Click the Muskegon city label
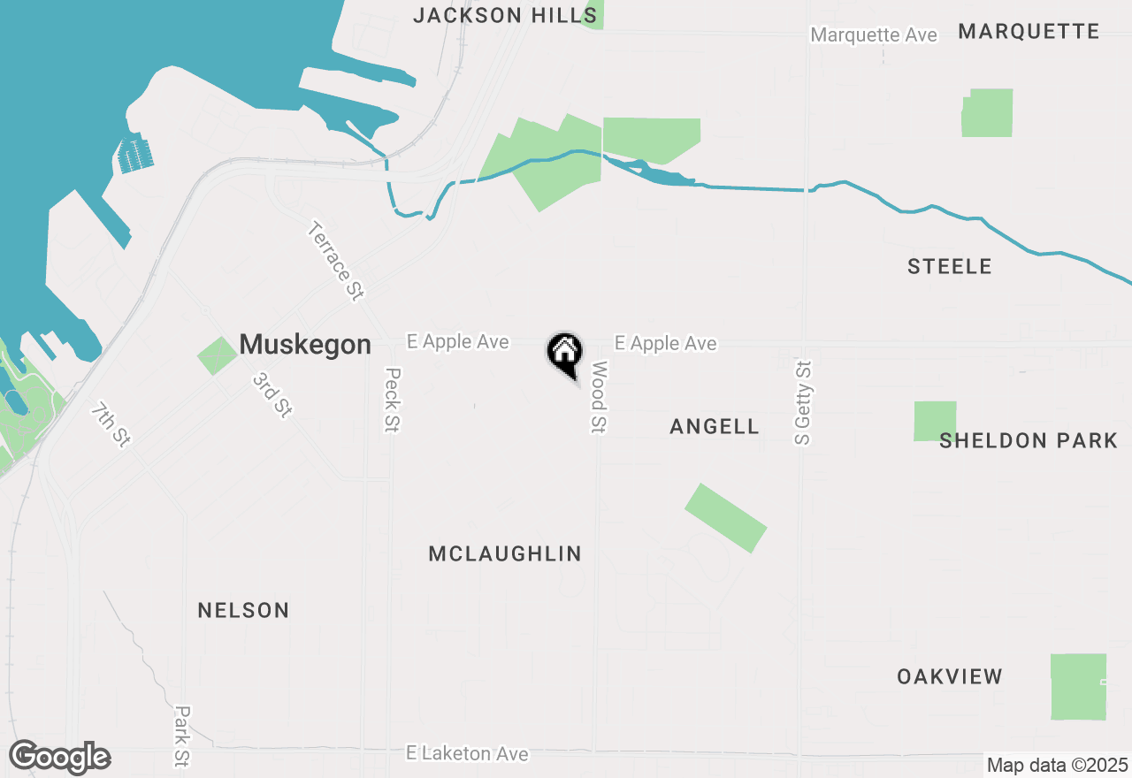[305, 344]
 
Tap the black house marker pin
[564, 353]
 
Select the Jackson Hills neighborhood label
[505, 15]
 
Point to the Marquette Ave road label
[873, 35]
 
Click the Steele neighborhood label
[949, 266]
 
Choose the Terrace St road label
[336, 261]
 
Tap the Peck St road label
[393, 400]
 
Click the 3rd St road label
[272, 394]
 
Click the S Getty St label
[803, 402]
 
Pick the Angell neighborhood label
[714, 426]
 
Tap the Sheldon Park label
[1028, 440]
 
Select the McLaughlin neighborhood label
[505, 553]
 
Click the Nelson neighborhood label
[243, 610]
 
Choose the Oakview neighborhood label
[949, 676]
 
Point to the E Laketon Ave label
[467, 753]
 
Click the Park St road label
[182, 735]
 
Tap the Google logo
[59, 758]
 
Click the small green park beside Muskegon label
[217, 355]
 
